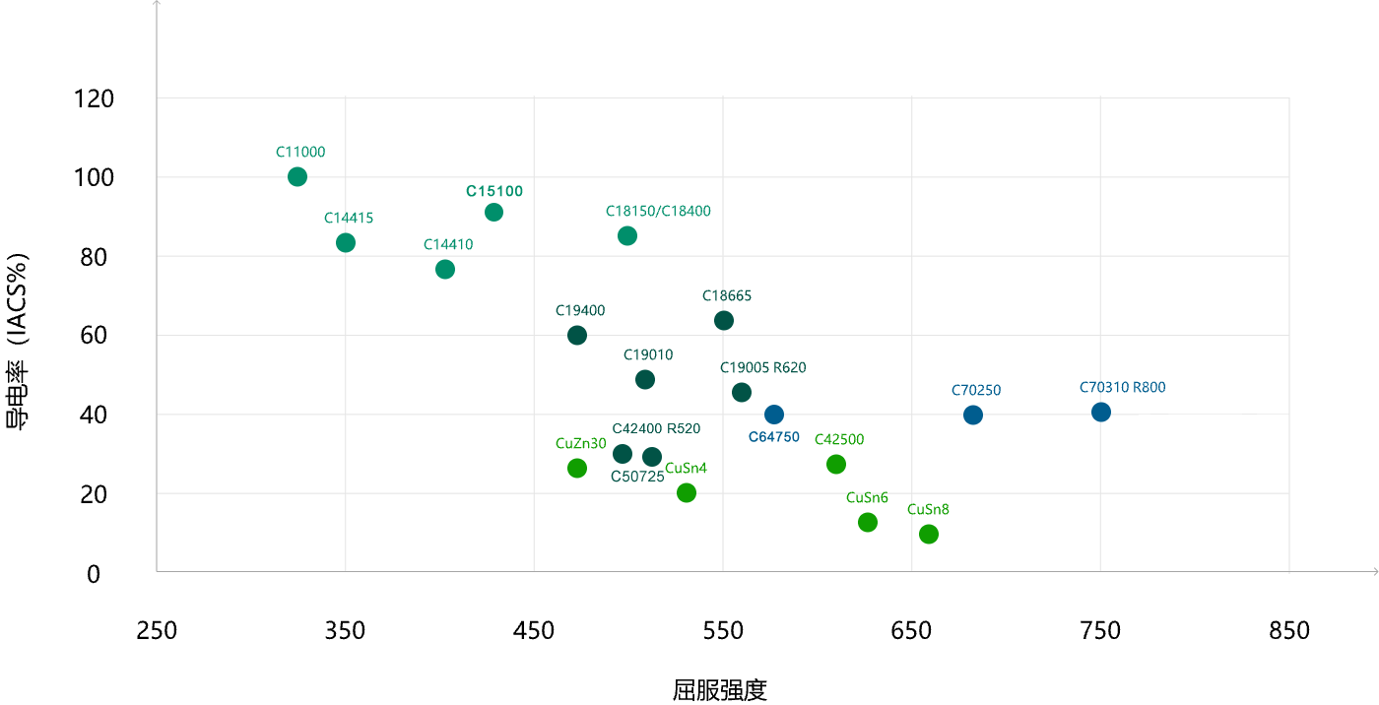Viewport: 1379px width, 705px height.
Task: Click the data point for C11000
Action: [x=297, y=177]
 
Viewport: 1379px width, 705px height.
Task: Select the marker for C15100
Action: [x=493, y=213]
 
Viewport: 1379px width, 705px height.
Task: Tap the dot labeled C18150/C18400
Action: [x=627, y=235]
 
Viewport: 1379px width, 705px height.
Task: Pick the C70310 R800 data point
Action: [x=1101, y=413]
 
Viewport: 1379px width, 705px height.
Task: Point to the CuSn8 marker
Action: [x=929, y=534]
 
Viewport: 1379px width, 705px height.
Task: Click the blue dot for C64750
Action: [x=774, y=415]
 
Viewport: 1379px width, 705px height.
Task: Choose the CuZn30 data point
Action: [x=577, y=468]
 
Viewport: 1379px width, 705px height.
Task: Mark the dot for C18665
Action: [x=724, y=321]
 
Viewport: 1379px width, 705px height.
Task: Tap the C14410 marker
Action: [x=445, y=270]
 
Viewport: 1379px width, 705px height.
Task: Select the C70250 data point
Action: [x=973, y=416]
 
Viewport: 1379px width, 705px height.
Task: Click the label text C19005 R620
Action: [x=762, y=367]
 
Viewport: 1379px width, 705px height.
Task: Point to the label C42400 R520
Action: [x=656, y=428]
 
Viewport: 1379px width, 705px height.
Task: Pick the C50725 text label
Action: [x=637, y=477]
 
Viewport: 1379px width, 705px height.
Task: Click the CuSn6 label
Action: [x=867, y=497]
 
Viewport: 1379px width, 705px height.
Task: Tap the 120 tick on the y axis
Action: [x=94, y=98]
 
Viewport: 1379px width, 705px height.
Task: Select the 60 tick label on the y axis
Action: [x=94, y=336]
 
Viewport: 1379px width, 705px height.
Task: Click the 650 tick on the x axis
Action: [x=912, y=630]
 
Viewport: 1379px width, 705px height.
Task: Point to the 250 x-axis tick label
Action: [x=157, y=630]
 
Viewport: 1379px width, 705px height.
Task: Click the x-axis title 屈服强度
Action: [x=720, y=690]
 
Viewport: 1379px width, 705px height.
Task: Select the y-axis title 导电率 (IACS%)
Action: [x=17, y=342]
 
